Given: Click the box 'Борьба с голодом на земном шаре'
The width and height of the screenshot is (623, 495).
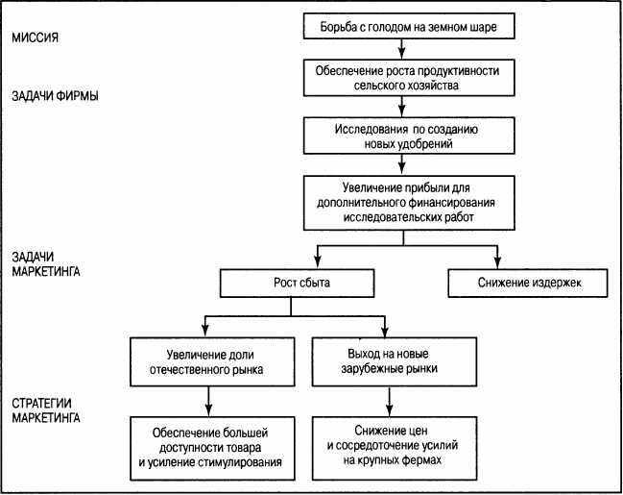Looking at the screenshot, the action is (x=409, y=26).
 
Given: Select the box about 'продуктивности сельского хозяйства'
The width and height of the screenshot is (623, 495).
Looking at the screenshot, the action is (x=409, y=78).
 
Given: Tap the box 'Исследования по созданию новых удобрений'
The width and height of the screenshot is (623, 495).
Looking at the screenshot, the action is (x=409, y=136).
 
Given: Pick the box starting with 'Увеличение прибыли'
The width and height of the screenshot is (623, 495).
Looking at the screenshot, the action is (x=409, y=203).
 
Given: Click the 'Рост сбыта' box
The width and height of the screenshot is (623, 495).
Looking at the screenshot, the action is (x=297, y=283).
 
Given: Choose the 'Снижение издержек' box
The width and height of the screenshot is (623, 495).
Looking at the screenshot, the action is (x=528, y=283).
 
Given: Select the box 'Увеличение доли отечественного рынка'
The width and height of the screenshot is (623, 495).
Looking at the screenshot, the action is (x=212, y=361).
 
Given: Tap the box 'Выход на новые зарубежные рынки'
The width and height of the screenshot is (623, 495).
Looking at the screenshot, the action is (x=395, y=361).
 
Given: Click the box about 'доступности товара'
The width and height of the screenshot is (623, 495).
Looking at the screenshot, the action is (x=212, y=448).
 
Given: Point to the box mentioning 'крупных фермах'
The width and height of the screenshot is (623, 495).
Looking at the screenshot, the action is (x=395, y=448).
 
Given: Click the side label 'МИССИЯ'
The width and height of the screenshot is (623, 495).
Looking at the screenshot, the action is (x=35, y=37).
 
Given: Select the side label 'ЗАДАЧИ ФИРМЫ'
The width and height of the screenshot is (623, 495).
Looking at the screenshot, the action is (x=56, y=96).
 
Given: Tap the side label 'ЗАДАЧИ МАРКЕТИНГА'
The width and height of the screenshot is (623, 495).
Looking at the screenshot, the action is (x=46, y=263).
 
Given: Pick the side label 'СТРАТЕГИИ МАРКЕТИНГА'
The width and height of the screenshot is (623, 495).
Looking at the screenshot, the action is (x=46, y=410).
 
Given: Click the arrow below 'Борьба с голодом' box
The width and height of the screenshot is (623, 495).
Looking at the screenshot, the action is (x=401, y=49).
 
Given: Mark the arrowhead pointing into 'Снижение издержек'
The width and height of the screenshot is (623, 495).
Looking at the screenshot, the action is (x=497, y=263).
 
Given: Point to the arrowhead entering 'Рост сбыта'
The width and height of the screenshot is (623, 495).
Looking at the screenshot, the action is (x=317, y=263).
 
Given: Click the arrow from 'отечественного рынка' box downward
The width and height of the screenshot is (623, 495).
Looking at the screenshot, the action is (x=208, y=402).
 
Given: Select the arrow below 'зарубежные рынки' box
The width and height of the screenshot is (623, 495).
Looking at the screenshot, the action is (x=390, y=402).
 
